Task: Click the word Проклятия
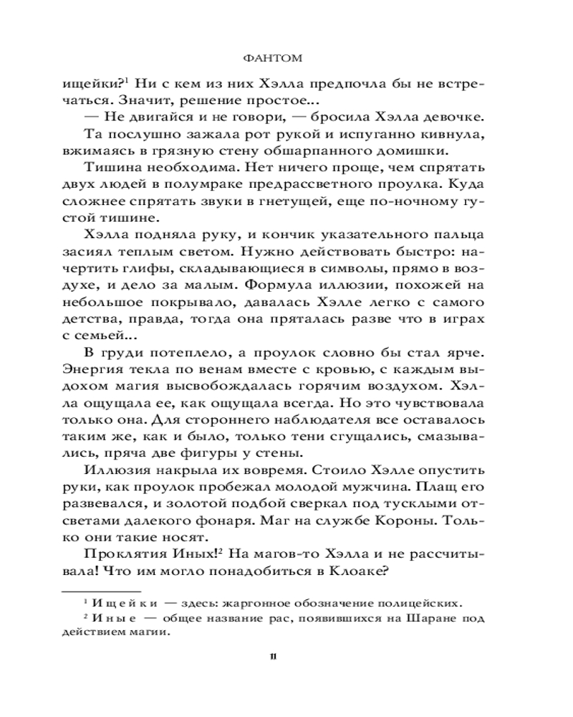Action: pyautogui.click(x=132, y=556)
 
